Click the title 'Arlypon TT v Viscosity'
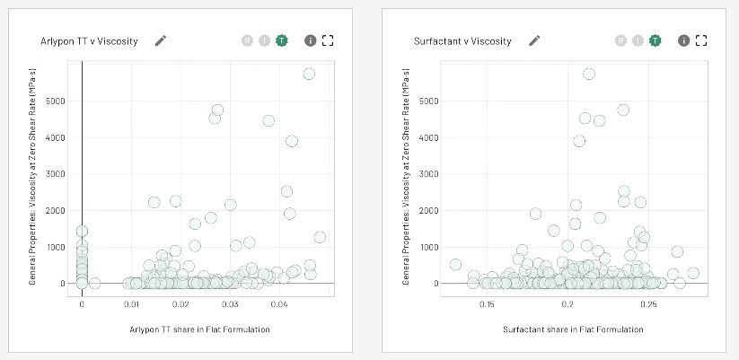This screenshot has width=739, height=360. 89,41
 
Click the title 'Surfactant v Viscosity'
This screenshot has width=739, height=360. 462,41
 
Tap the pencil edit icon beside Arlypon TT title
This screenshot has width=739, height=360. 161,40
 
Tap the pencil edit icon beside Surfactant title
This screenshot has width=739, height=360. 534,40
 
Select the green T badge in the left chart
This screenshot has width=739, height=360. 282,40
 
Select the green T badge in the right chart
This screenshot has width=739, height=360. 655,40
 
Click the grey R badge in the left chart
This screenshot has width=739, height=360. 247,40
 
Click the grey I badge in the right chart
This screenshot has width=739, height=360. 638,40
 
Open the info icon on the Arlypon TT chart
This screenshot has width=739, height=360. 310,40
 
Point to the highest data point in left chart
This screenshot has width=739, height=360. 309,74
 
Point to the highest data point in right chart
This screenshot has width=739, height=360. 589,74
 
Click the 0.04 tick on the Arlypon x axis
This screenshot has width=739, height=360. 279,304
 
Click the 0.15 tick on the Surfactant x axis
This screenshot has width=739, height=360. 488,304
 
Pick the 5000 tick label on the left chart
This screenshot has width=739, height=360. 56,101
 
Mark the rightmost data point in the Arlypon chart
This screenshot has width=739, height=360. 320,237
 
